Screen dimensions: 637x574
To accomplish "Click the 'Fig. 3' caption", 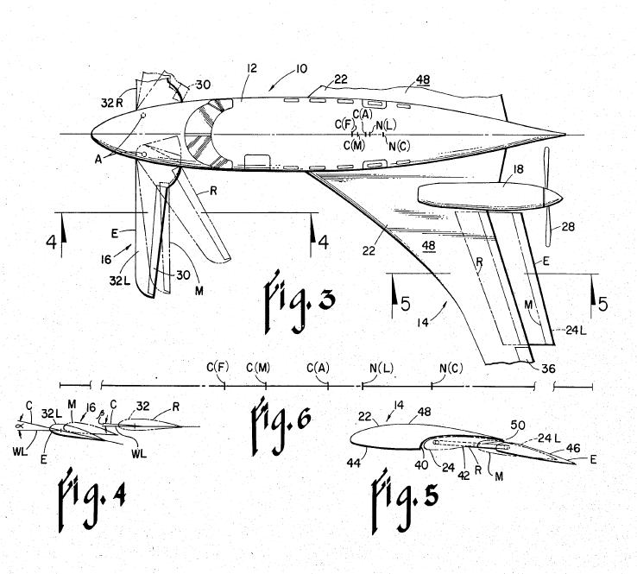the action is click(x=300, y=301).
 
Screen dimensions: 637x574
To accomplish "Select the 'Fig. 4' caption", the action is click(x=91, y=501).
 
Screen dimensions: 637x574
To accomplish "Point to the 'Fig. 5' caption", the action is click(x=406, y=501).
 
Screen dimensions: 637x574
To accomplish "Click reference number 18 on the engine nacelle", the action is click(x=519, y=169).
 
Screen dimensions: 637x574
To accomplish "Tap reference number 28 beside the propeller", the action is click(x=568, y=226).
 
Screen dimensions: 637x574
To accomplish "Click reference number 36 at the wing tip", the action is click(x=548, y=368).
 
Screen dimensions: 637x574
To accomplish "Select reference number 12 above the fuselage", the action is click(x=252, y=68).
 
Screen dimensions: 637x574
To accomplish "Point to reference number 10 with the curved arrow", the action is click(x=301, y=68).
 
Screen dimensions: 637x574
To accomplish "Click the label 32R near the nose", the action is click(x=111, y=104).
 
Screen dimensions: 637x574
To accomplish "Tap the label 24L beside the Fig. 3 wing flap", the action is click(x=576, y=331).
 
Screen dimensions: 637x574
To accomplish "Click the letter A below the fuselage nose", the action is click(x=98, y=159).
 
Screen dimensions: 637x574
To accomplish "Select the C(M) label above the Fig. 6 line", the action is click(x=258, y=368).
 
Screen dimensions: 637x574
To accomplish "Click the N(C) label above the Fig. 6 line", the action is click(x=451, y=368).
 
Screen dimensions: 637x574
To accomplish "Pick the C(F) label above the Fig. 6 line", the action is click(x=218, y=367).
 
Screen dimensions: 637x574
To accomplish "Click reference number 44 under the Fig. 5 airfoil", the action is click(x=354, y=463).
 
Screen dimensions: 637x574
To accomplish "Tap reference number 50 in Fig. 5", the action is click(x=518, y=426).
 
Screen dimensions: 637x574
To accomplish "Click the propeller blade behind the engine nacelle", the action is click(x=546, y=197).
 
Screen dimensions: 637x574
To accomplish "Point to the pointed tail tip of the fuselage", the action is click(x=565, y=134).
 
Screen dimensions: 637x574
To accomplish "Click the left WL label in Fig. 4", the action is click(x=20, y=451).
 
